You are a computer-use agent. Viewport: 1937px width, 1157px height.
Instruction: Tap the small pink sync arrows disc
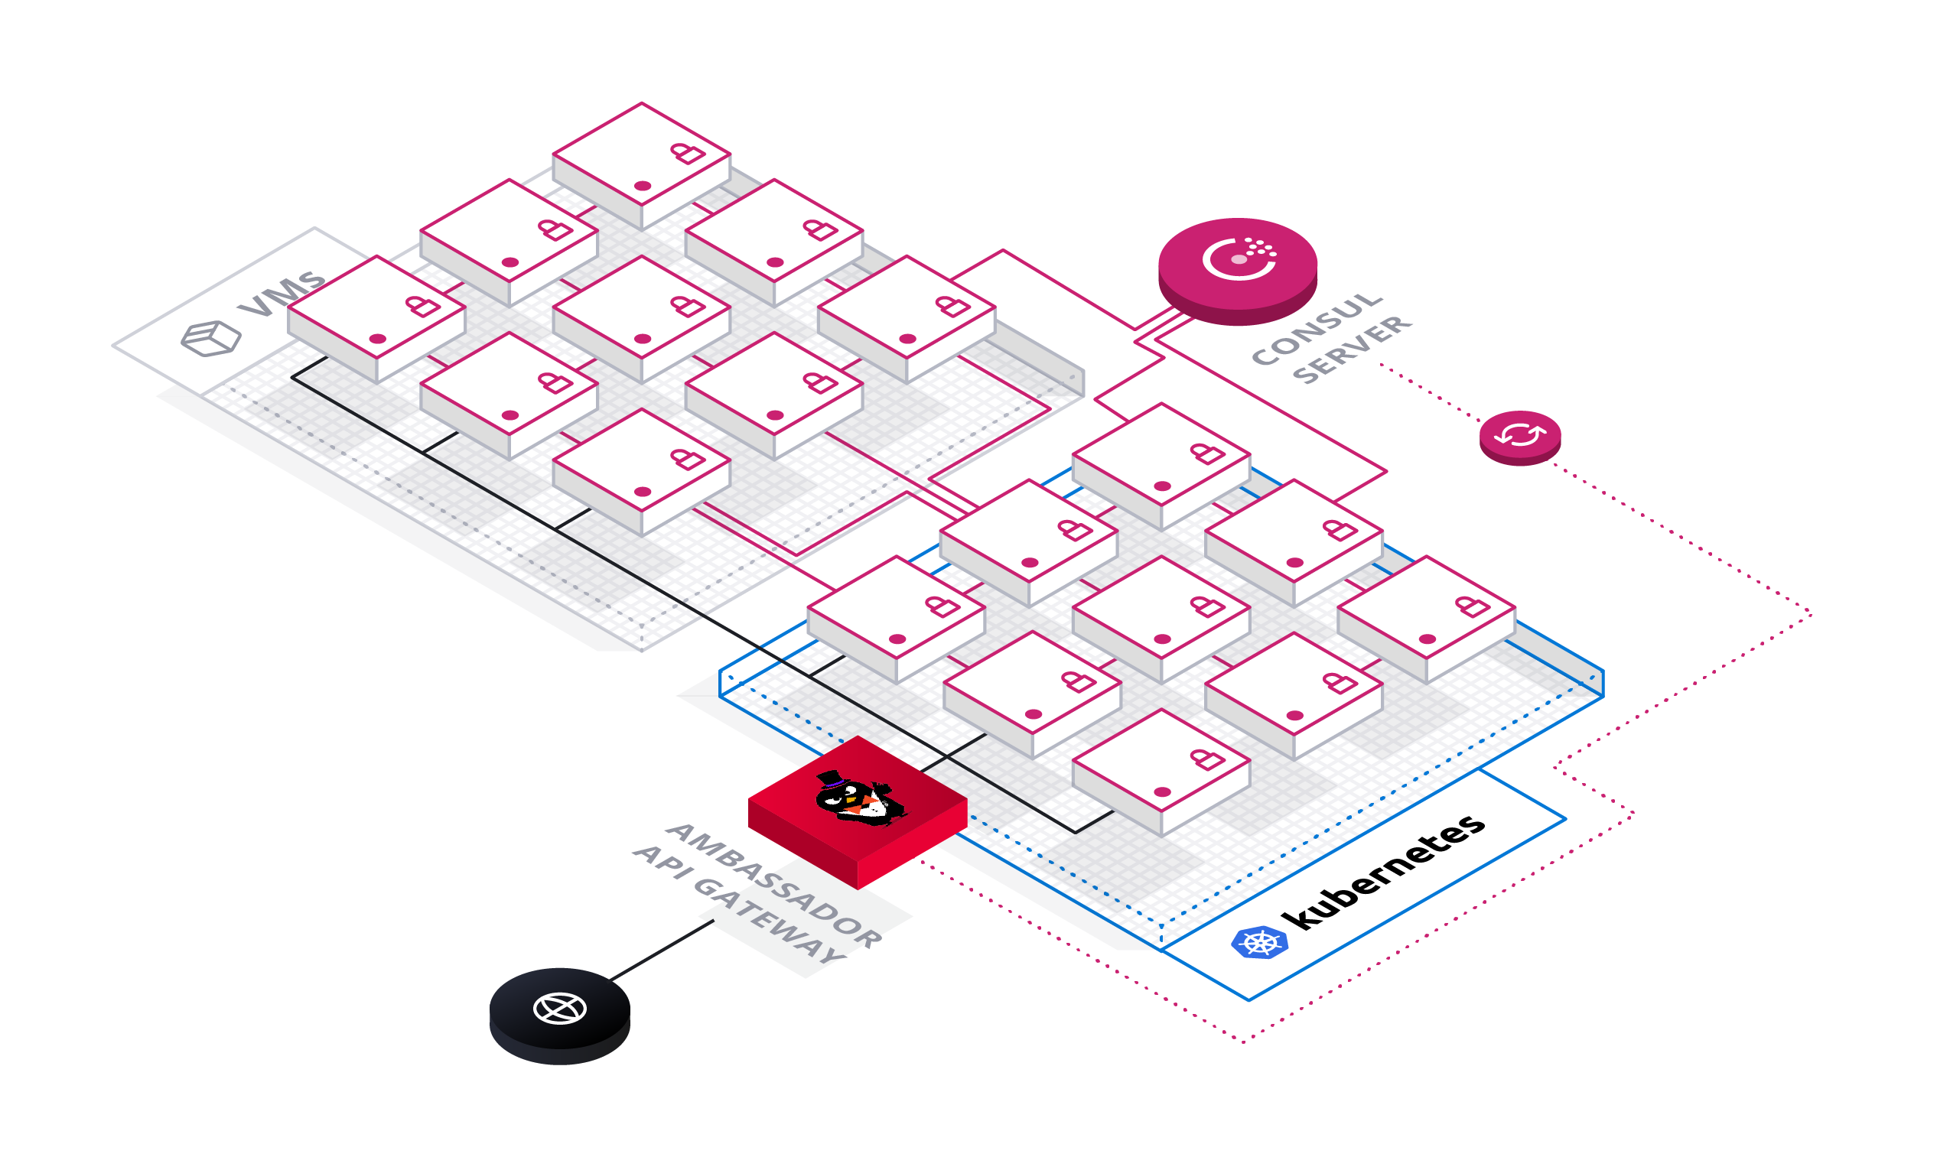click(x=1520, y=437)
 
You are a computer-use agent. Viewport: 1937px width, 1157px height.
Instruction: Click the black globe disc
click(x=559, y=1015)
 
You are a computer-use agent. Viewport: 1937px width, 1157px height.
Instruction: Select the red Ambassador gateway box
click(x=858, y=811)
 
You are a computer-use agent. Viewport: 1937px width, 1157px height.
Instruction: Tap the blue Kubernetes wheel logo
click(x=1259, y=943)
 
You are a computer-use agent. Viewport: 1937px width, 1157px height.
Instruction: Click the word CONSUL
click(x=1317, y=328)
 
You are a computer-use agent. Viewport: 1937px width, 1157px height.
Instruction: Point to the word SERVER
click(x=1353, y=349)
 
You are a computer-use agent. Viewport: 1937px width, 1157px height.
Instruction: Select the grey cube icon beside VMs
click(x=210, y=340)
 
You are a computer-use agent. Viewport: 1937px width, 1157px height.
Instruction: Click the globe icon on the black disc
click(x=559, y=1008)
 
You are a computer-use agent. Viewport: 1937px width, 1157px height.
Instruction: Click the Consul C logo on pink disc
click(x=1239, y=258)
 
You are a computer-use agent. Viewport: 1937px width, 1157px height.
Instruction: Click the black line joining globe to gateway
click(x=661, y=951)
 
